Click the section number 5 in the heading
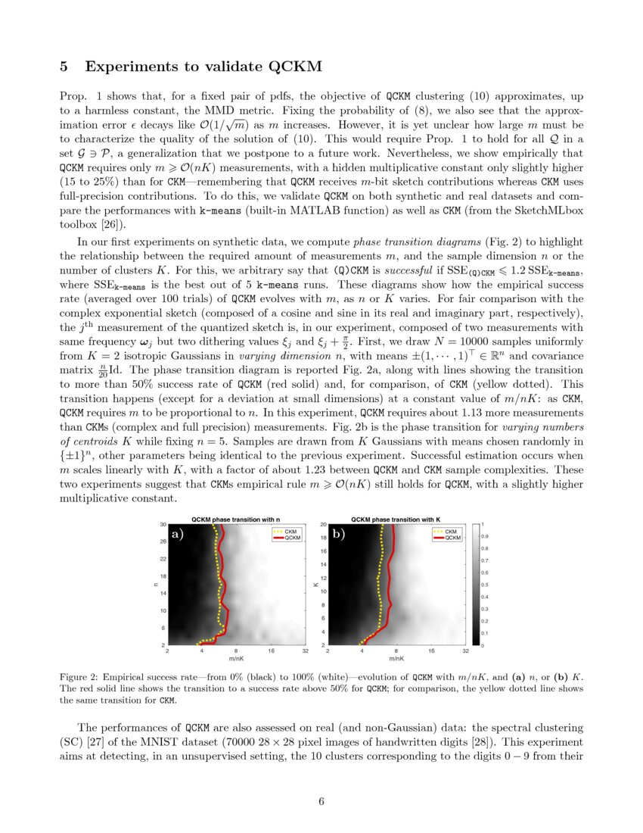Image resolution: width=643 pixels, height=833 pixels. (x=64, y=67)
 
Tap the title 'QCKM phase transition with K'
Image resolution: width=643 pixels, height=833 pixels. (x=396, y=519)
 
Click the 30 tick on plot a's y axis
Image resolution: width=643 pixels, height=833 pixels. (x=163, y=524)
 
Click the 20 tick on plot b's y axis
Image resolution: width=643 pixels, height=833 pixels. (x=323, y=524)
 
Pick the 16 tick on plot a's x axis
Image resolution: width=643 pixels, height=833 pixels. (x=271, y=650)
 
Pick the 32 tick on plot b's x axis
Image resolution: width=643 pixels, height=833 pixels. (x=465, y=650)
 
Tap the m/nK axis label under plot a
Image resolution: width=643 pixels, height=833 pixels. (x=236, y=658)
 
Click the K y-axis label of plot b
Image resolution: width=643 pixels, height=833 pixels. (x=315, y=584)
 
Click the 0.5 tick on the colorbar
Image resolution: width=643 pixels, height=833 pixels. (x=484, y=585)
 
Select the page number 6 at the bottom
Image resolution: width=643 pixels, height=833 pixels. (x=321, y=803)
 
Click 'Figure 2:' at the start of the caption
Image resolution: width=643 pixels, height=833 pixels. (x=79, y=674)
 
